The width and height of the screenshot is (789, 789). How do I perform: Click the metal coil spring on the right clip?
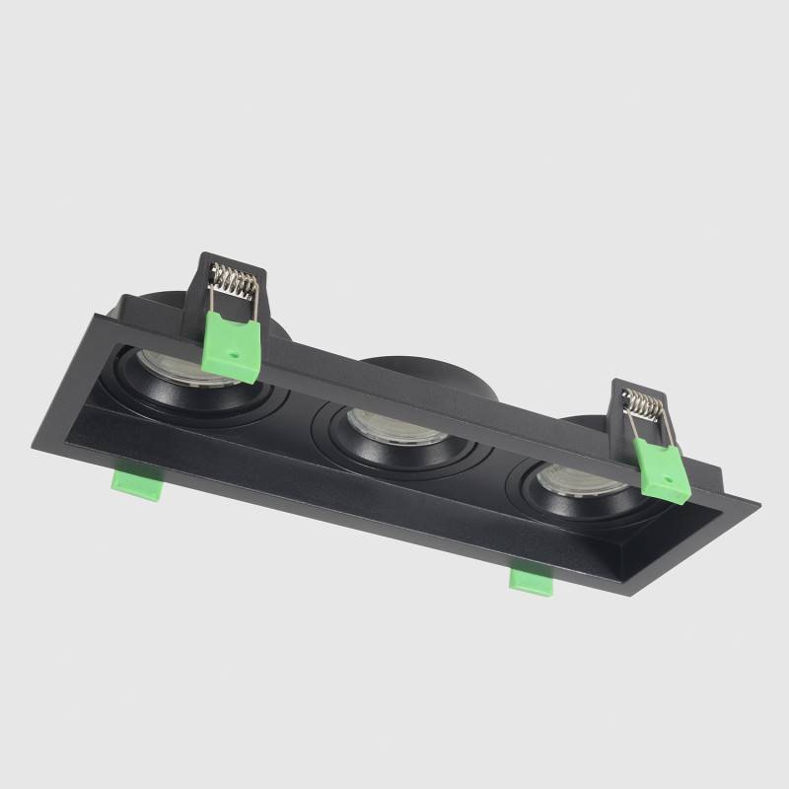(644, 404)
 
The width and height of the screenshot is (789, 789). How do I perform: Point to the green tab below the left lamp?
(136, 483)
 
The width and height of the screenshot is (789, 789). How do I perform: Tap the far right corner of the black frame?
(757, 504)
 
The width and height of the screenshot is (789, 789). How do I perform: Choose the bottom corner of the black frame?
(616, 595)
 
